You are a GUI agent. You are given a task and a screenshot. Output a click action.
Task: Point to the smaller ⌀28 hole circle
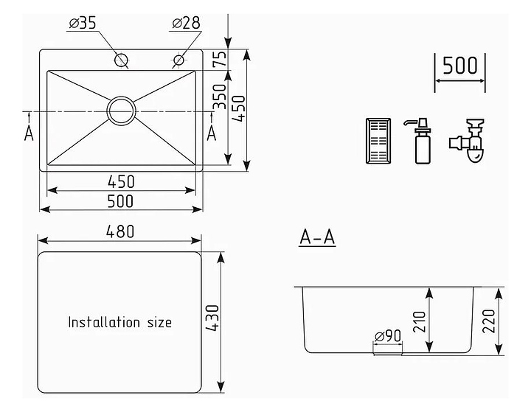(178, 59)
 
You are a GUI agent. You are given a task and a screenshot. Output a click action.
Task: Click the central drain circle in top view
(122, 111)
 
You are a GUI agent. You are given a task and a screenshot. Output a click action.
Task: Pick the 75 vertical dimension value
(218, 60)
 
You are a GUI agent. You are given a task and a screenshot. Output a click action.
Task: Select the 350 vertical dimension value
(219, 97)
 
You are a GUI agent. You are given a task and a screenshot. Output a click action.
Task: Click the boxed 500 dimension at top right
(460, 66)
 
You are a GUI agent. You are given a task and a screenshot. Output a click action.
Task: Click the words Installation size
(120, 322)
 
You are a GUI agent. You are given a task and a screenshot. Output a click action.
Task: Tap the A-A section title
(317, 237)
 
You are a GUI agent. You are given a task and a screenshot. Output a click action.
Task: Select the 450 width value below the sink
(121, 181)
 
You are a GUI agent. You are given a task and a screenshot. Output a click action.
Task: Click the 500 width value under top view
(121, 200)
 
